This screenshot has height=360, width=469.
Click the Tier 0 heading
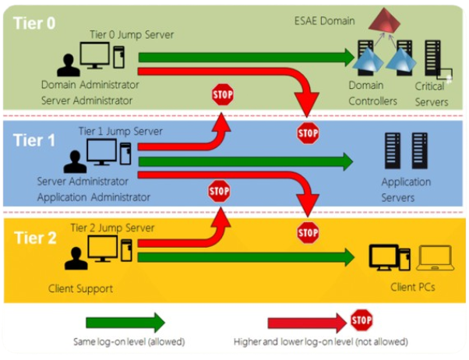[35, 23]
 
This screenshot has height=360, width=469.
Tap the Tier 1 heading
[35, 140]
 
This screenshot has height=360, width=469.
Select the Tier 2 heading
[35, 238]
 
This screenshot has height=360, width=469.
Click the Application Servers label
[406, 189]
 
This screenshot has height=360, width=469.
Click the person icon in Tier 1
[76, 161]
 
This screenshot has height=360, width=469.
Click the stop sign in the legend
[361, 319]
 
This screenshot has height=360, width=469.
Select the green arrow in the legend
[125, 322]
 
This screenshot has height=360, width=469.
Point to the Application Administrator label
[93, 197]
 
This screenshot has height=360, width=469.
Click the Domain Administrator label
[90, 84]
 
